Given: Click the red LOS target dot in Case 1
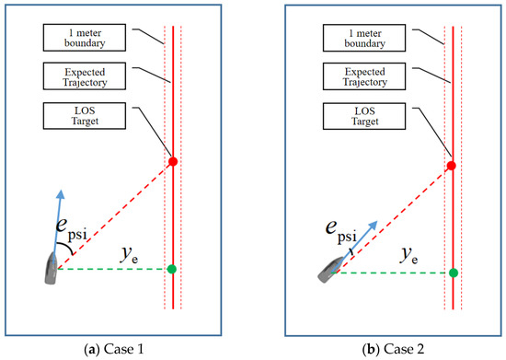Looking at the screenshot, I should pyautogui.click(x=172, y=162).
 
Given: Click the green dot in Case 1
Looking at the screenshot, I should pyautogui.click(x=172, y=269).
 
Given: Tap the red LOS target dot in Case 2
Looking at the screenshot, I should pyautogui.click(x=451, y=166).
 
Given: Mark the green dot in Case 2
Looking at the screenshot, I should pyautogui.click(x=453, y=273).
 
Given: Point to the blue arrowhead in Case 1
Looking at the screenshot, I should pyautogui.click(x=63, y=193).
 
